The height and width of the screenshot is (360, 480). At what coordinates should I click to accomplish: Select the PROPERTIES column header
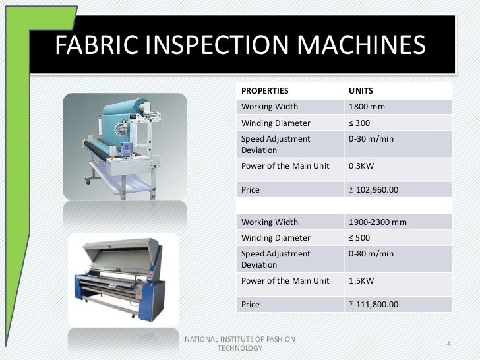(x=265, y=90)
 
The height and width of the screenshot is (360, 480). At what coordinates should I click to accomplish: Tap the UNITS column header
(x=361, y=90)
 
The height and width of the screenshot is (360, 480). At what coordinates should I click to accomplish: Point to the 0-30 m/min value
(x=371, y=139)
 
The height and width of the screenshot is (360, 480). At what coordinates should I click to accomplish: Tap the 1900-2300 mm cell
(x=378, y=222)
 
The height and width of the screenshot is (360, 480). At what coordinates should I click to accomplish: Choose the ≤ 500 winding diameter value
(x=359, y=237)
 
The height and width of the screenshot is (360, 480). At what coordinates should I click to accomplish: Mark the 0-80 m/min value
(x=371, y=254)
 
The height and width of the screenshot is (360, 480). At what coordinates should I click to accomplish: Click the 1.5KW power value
(x=361, y=280)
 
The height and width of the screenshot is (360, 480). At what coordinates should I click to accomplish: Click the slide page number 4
(x=449, y=344)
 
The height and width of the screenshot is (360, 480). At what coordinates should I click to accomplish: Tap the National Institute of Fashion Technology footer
(x=239, y=343)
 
